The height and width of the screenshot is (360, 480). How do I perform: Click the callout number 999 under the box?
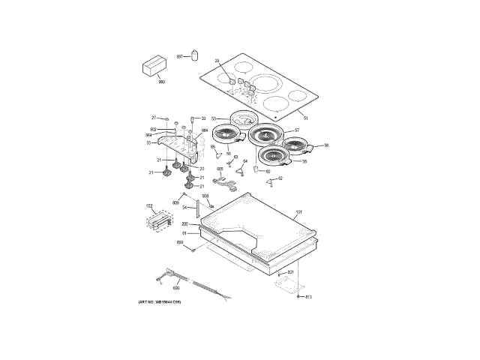[x=161, y=82]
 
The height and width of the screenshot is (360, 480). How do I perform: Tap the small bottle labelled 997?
[x=196, y=56]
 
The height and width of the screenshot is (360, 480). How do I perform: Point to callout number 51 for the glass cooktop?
[x=305, y=118]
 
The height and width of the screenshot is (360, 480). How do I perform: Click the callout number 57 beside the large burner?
[x=296, y=131]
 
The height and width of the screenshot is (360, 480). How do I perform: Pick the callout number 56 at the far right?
[x=326, y=146]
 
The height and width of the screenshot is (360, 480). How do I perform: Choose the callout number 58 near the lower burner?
[x=304, y=161]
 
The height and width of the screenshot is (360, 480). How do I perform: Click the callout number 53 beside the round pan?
[x=213, y=118]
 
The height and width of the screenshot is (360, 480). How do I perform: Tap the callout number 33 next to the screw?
[x=203, y=118]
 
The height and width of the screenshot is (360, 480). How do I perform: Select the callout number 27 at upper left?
[x=154, y=118]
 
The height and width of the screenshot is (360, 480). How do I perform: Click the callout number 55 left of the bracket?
[x=148, y=142]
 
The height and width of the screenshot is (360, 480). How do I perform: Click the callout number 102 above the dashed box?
[x=148, y=205]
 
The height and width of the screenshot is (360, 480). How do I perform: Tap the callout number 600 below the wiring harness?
[x=176, y=287]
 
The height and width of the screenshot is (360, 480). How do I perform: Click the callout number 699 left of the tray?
[x=180, y=242]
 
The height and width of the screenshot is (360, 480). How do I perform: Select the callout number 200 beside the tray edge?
[x=184, y=224]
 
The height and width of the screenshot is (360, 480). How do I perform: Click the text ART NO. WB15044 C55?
[x=160, y=301]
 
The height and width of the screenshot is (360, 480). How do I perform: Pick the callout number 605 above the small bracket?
[x=220, y=169]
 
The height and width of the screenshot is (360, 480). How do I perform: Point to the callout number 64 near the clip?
[x=244, y=161]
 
